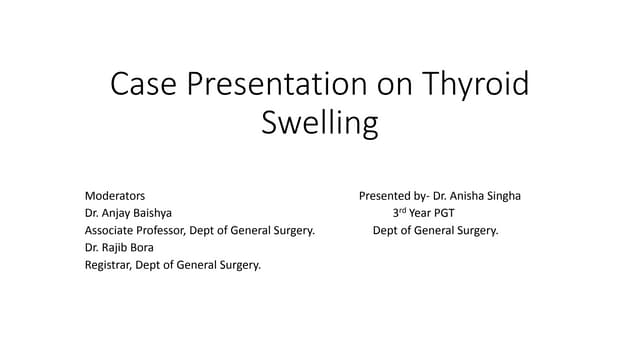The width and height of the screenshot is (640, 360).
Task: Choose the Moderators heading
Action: pos(115,196)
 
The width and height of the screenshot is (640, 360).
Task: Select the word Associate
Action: pos(113,231)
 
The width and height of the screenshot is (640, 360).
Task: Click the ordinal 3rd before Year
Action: pos(402,213)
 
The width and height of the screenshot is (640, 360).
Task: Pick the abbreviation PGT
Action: pos(451,214)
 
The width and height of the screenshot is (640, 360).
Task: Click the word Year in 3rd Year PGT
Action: pos(425,214)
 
